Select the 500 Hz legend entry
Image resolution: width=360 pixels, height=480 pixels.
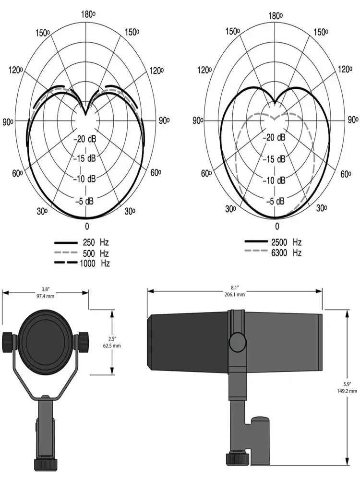(82, 252)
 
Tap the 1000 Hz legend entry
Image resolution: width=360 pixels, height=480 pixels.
(82, 263)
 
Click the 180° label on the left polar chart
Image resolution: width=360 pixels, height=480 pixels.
(87, 14)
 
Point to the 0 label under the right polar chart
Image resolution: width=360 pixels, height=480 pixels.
(276, 226)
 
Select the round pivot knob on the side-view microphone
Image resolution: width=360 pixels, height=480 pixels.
(237, 342)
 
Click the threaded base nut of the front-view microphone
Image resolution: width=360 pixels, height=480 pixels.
(46, 464)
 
